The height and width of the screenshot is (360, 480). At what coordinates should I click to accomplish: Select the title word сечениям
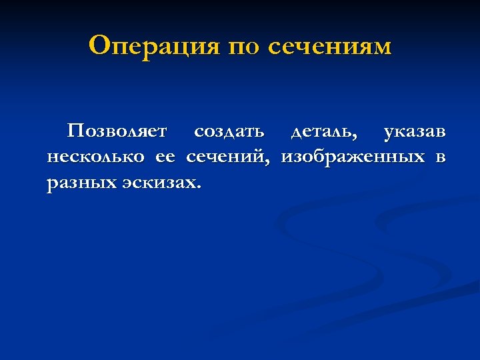click(330, 47)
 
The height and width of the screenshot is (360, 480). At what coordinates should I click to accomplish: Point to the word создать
click(229, 132)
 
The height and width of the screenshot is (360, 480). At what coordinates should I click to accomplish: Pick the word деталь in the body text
click(321, 132)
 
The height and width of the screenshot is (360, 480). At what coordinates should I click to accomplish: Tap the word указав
click(415, 132)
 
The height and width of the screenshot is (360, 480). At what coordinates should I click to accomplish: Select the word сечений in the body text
click(226, 157)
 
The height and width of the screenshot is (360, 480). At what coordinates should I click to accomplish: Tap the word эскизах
click(159, 183)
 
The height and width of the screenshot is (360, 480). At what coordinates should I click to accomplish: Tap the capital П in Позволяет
click(75, 131)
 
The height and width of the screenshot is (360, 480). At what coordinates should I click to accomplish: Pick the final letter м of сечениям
click(383, 48)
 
